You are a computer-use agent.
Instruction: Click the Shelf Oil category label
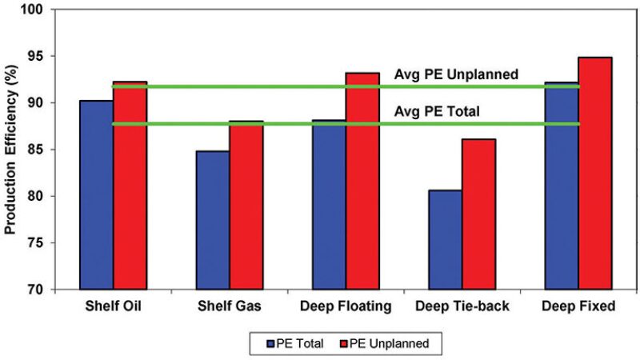(113, 307)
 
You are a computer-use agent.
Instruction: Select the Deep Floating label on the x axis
(345, 307)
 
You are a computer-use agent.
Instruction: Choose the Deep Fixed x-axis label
(577, 307)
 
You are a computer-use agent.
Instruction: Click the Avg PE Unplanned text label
(457, 74)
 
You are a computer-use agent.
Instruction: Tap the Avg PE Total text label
(437, 112)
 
